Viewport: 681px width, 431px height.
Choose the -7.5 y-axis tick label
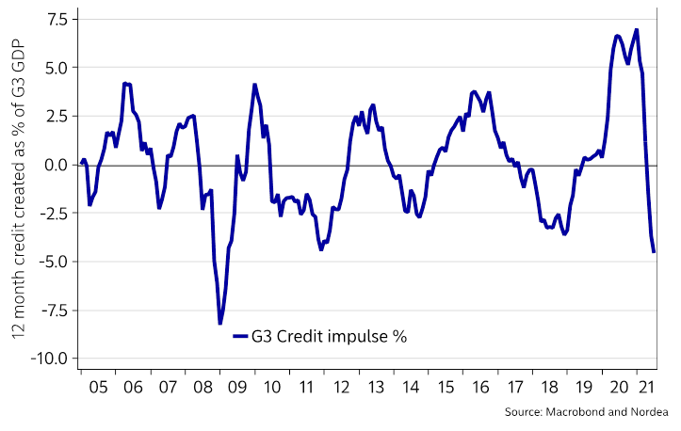[x=54, y=310]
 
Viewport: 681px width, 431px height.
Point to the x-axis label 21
[x=643, y=387]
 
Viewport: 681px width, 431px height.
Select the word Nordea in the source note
[x=647, y=412]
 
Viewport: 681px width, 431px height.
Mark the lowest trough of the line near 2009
[x=219, y=324]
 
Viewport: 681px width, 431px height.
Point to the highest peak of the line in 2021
[x=637, y=29]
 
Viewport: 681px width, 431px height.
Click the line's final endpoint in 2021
[x=654, y=251]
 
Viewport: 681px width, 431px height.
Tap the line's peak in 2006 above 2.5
[x=125, y=84]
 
